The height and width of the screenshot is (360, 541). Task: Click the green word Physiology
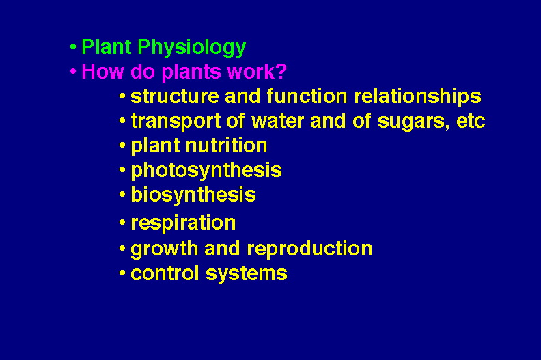coord(191,47)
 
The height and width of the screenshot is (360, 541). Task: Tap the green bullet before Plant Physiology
coord(73,46)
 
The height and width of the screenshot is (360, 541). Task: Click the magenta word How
coord(102,71)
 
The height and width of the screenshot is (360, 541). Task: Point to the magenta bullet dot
coord(73,72)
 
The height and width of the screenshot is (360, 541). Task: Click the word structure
coord(175,96)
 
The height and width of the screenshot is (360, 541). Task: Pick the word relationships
coord(418,96)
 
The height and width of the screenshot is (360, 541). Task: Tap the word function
coord(307,96)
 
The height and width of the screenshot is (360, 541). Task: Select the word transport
coord(176,122)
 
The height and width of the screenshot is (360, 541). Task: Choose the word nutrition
coord(226,146)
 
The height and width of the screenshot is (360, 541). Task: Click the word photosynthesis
coord(206,171)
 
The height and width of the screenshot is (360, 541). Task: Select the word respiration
coord(183,223)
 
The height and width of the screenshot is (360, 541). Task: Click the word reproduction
coord(310,249)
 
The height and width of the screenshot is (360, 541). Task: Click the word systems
coord(247,274)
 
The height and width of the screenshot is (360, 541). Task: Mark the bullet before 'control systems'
coord(122,273)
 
